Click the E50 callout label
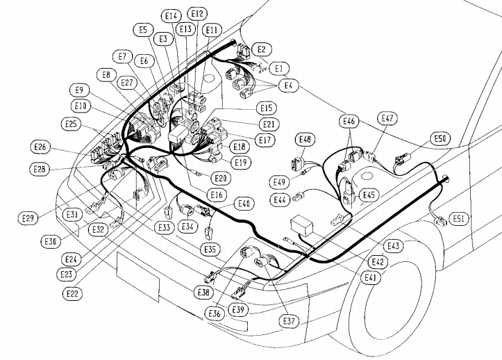pyautogui.click(x=440, y=138)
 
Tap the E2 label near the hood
pyautogui.click(x=262, y=49)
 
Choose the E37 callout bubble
pyautogui.click(x=289, y=321)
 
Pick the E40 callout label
pyautogui.click(x=244, y=204)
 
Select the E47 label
pyautogui.click(x=387, y=119)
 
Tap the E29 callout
pyautogui.click(x=28, y=219)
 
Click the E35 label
pyautogui.click(x=211, y=248)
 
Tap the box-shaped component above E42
pyautogui.click(x=303, y=227)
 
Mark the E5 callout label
pyautogui.click(x=142, y=30)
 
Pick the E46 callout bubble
pyautogui.click(x=350, y=122)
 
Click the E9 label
pyautogui.click(x=80, y=90)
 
